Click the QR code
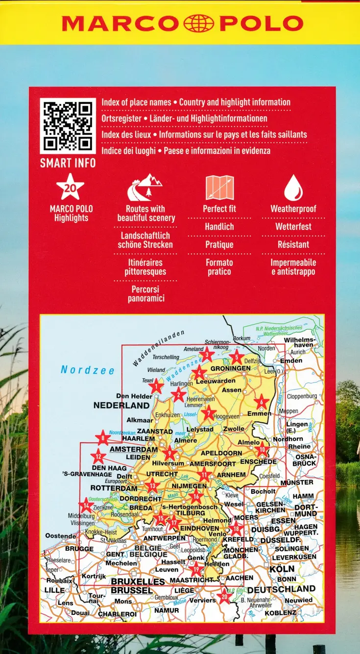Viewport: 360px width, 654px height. tap(68, 126)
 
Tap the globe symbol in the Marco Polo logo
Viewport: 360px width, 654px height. tap(198, 23)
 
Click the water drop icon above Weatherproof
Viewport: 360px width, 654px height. tap(293, 188)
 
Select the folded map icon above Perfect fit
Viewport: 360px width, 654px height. tap(219, 188)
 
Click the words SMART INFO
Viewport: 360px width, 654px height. tap(68, 163)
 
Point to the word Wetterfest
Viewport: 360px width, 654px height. tap(293, 227)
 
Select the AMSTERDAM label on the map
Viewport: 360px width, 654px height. tap(134, 449)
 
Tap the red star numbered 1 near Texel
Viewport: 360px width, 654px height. tap(156, 387)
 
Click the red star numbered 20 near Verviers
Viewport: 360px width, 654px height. tap(224, 596)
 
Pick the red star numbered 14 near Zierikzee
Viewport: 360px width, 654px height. tap(86, 504)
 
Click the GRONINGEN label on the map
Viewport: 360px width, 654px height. tap(230, 368)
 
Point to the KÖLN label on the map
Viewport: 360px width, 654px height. tap(282, 569)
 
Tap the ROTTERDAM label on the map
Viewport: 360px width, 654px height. tap(114, 488)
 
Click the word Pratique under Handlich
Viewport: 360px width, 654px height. tap(219, 245)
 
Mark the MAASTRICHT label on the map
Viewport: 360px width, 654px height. tap(192, 580)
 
